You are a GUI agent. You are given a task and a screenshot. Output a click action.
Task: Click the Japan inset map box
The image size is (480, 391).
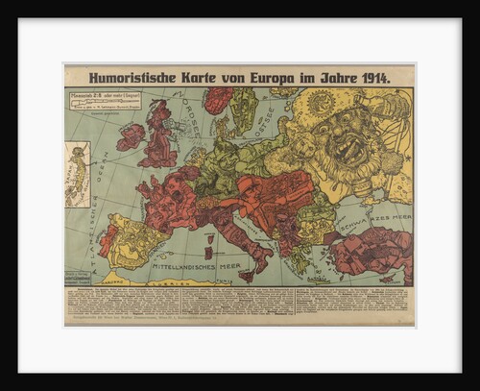78,174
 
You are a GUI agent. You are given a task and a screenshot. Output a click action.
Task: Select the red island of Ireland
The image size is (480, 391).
132,137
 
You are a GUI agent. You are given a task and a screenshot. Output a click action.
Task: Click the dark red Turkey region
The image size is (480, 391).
369,250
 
